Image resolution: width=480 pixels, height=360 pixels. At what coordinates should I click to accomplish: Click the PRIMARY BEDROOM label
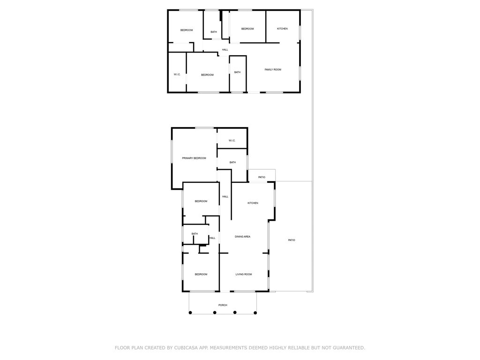coord(194,158)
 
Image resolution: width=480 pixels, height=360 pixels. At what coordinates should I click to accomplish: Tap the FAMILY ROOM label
coord(273,70)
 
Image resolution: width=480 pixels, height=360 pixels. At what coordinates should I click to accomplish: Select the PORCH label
coord(223,305)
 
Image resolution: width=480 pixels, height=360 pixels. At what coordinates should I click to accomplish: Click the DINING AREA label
coord(242,237)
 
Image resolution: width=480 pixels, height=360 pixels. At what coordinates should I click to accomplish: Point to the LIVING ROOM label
coord(244,274)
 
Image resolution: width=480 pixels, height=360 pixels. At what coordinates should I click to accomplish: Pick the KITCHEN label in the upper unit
coord(282,29)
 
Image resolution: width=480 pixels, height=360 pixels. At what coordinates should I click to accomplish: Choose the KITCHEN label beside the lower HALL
coord(253,203)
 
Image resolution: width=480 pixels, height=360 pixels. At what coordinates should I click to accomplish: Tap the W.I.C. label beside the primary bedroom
coord(232,141)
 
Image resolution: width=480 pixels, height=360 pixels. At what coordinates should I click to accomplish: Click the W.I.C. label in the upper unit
coord(177,75)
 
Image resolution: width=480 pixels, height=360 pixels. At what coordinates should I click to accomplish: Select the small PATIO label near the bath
coord(262,177)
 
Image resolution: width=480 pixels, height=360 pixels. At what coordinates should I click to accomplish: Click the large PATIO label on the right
coord(292,240)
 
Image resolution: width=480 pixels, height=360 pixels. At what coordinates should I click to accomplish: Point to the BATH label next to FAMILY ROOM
coord(237,72)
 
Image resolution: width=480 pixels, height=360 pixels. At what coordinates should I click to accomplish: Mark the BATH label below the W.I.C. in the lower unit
coord(232,163)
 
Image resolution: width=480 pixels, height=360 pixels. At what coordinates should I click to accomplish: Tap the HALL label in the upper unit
coord(225,50)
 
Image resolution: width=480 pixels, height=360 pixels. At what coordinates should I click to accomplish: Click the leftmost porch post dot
coord(190,312)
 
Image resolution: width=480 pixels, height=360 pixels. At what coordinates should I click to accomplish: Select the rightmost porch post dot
coord(255,312)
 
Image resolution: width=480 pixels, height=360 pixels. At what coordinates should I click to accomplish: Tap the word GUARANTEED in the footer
coord(348,348)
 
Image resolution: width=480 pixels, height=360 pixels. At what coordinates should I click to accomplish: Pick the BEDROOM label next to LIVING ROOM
coord(201,274)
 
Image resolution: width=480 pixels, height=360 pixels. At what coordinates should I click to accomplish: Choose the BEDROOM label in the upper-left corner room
coord(187,30)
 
